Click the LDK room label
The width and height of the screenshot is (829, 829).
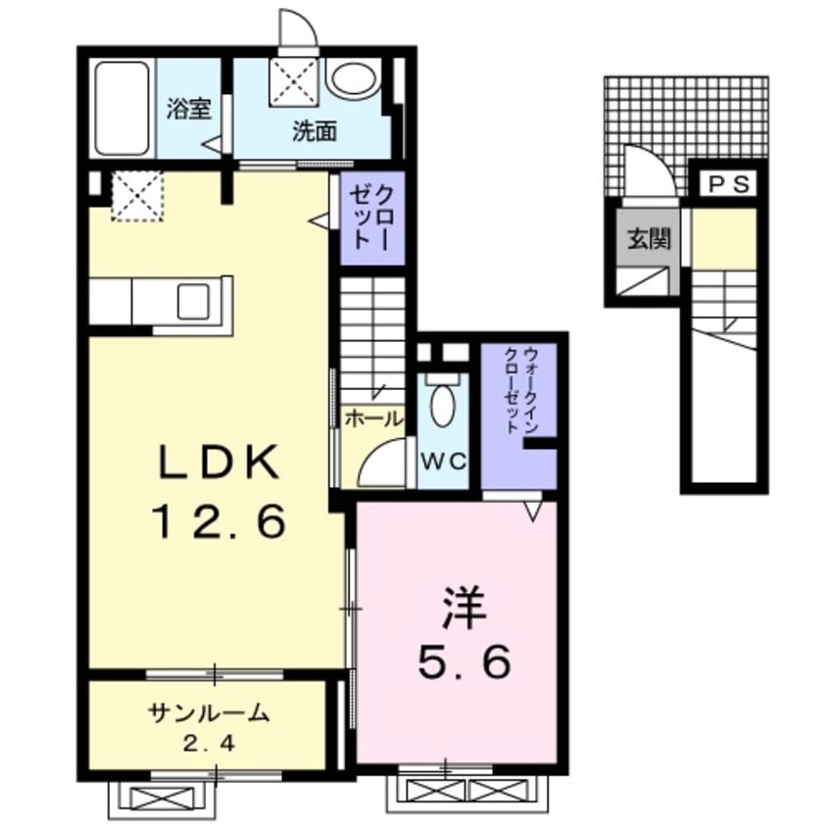[x=219, y=462]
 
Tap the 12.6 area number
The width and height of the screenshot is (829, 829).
[x=219, y=521]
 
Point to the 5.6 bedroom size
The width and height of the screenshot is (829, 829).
[x=464, y=660]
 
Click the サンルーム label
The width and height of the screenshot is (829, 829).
[x=209, y=713]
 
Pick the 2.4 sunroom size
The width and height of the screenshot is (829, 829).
[x=209, y=744]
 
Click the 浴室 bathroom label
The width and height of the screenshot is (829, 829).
[x=189, y=109]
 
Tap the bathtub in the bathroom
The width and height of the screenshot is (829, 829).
[x=122, y=109]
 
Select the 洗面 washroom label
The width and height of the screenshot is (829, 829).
[x=316, y=131]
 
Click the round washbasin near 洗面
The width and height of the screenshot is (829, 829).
[x=354, y=79]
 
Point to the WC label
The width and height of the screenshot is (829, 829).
[x=444, y=462]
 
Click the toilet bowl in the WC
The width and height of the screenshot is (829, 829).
[x=442, y=405]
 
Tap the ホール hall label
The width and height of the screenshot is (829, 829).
[x=373, y=419]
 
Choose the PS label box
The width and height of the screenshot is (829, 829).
[x=729, y=184]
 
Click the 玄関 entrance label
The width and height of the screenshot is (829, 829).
[x=649, y=239]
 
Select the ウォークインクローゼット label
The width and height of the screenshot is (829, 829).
[x=520, y=391]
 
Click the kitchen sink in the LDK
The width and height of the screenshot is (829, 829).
[x=193, y=301]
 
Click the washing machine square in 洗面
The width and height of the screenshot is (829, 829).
[x=294, y=82]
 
